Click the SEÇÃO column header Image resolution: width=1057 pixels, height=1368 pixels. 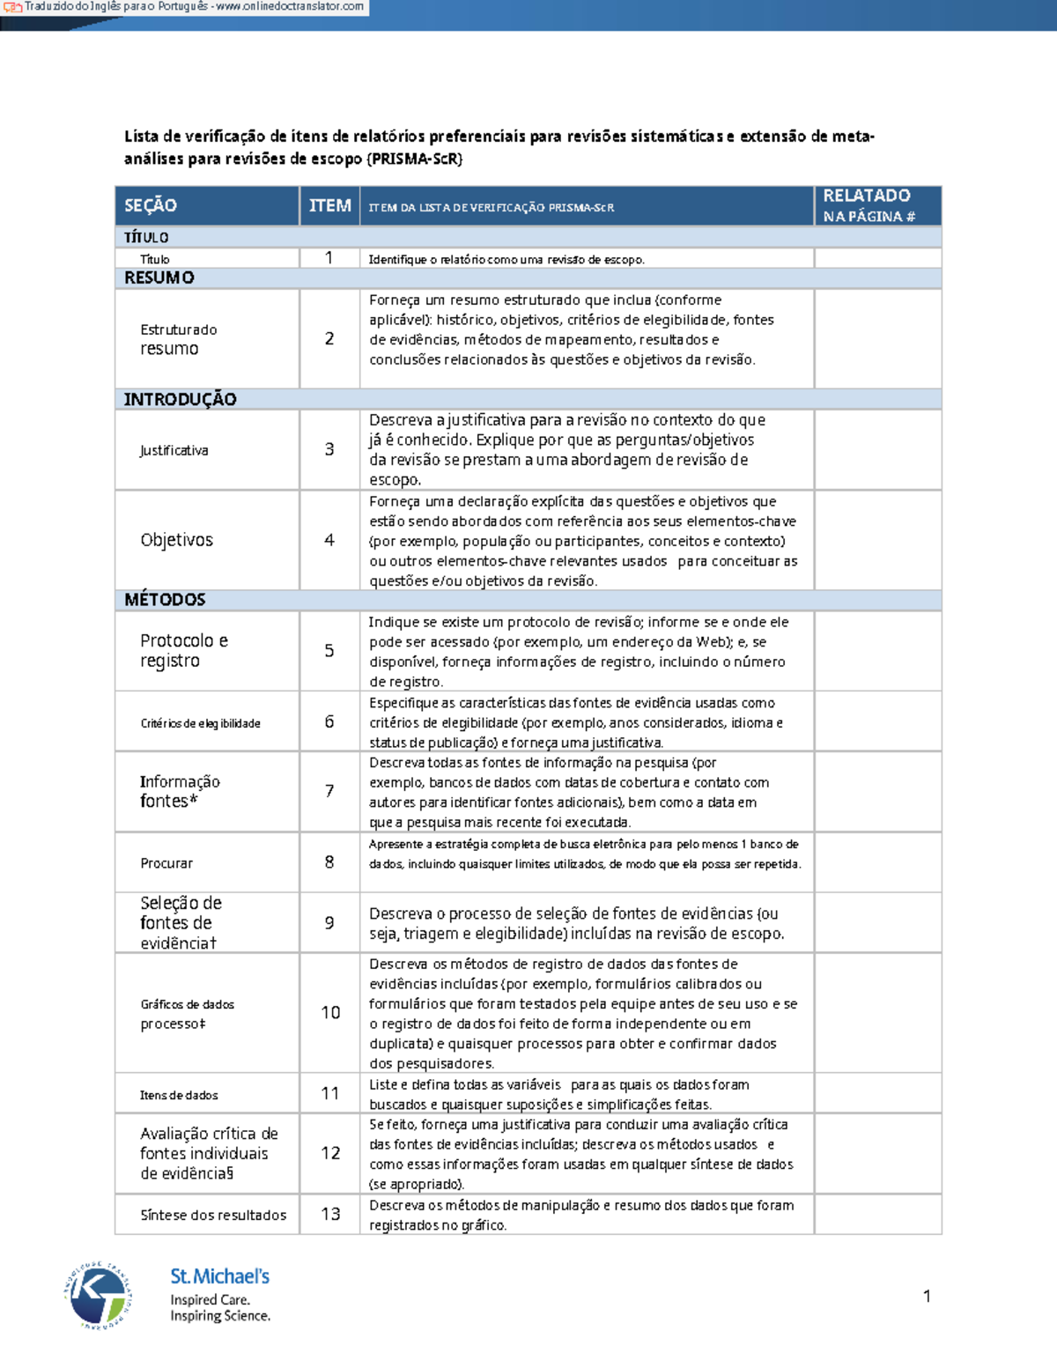click(151, 205)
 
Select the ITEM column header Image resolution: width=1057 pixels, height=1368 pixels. click(329, 205)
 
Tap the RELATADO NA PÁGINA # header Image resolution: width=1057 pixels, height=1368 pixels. click(869, 205)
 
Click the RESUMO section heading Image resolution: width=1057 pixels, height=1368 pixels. click(159, 277)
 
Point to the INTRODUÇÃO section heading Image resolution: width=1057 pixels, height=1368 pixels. click(180, 399)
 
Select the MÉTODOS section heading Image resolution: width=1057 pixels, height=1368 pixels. click(165, 600)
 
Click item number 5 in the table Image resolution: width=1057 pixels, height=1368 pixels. click(329, 651)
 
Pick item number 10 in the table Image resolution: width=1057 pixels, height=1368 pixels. click(330, 1013)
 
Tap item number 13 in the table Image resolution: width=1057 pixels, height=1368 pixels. click(330, 1214)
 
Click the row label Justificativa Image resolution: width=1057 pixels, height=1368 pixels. click(174, 450)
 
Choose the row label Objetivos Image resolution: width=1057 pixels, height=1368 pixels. click(176, 540)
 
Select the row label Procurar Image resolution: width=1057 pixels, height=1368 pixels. click(166, 863)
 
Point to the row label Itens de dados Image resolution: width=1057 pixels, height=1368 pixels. click(179, 1095)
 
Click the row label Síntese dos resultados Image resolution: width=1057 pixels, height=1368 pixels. click(213, 1215)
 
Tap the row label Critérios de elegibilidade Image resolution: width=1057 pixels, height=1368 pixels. click(200, 723)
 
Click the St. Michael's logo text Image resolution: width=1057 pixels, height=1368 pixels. click(219, 1276)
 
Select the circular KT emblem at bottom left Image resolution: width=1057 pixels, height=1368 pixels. click(98, 1294)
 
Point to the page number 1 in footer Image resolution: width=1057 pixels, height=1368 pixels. click(927, 1296)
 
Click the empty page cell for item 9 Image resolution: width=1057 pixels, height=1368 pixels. click(877, 923)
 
